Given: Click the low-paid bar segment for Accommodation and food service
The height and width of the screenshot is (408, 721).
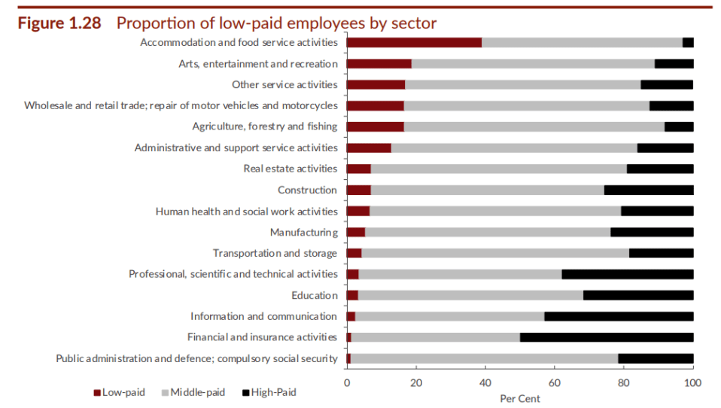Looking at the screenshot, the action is (x=414, y=43).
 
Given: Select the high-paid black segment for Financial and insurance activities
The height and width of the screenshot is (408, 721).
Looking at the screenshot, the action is (x=607, y=337).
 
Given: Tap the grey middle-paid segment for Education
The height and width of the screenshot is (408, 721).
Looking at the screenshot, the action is (x=470, y=295).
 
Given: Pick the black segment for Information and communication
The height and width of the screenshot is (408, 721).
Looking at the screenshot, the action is (x=619, y=316).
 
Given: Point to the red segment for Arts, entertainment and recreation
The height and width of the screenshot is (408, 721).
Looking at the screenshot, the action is (x=379, y=64).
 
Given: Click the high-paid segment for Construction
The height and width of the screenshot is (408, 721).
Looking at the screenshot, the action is (x=649, y=190).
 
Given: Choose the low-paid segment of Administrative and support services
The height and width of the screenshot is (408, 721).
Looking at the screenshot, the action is (x=370, y=148).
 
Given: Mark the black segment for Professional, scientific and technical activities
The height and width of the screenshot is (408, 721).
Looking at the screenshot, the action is (x=628, y=275).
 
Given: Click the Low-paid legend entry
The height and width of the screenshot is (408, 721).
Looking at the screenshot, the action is (x=120, y=392).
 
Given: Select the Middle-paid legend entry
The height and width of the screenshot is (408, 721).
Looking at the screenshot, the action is (x=193, y=392).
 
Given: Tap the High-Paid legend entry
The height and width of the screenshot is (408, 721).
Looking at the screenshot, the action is (x=269, y=392).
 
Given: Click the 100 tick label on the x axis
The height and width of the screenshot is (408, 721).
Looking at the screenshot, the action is (x=693, y=382).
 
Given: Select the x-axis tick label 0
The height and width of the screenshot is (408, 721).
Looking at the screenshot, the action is (x=347, y=382).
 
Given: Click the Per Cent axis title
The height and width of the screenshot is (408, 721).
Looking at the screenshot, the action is (x=520, y=399).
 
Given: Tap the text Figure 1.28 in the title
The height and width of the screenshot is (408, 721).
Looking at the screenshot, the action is (x=59, y=23).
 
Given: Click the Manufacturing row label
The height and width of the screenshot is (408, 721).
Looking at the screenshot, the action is (x=304, y=233).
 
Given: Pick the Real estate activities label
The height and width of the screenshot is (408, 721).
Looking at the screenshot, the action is (x=291, y=169).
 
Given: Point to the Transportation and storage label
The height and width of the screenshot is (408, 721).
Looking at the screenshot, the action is (x=275, y=254).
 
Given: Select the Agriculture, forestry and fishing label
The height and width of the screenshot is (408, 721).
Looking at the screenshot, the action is (x=265, y=126).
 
